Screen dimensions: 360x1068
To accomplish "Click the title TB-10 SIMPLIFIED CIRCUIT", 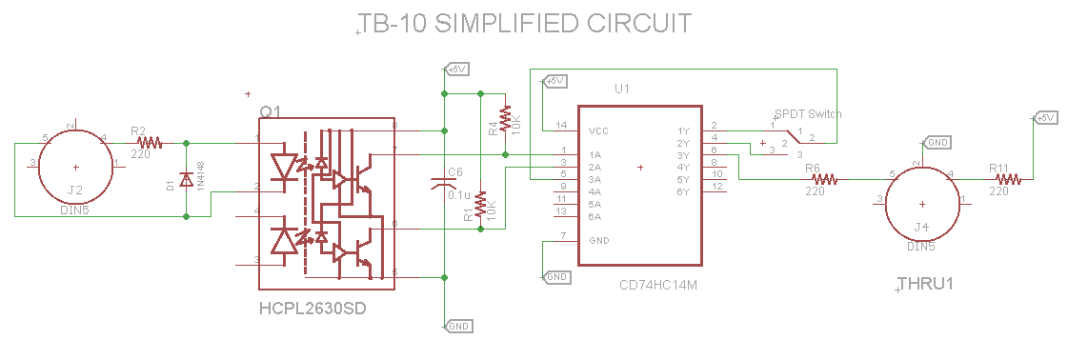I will click(525, 24).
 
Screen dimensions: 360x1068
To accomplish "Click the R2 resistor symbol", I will click(149, 144).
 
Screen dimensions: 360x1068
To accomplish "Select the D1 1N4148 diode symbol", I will click(186, 180).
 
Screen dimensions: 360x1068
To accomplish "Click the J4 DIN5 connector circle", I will click(921, 203).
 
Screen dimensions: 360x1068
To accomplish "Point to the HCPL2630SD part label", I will click(312, 310).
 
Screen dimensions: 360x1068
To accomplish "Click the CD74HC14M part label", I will click(658, 284).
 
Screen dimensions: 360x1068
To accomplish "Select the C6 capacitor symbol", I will click(444, 182).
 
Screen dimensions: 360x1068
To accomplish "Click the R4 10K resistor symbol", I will click(506, 121).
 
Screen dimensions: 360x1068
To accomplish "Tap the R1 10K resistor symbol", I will click(480, 204).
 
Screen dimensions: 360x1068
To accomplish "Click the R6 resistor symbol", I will click(823, 178).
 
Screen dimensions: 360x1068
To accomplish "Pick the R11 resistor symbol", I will click(1008, 178).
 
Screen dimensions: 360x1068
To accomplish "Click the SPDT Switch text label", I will click(808, 113).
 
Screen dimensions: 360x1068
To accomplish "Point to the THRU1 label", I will click(925, 284).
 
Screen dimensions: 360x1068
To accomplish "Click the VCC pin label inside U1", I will click(599, 130).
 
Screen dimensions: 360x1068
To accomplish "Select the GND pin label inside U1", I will click(599, 240).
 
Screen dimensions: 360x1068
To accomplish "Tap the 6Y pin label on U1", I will click(682, 192).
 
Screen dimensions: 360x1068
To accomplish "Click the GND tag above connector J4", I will click(937, 142).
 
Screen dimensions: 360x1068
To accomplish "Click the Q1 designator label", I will click(271, 112).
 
